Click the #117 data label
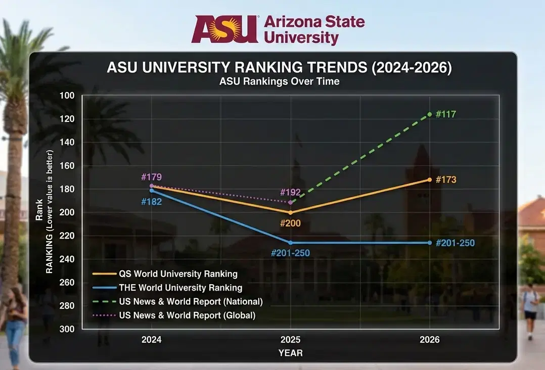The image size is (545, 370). [x=445, y=114]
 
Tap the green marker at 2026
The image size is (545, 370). [x=430, y=114]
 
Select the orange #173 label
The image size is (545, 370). [x=445, y=180]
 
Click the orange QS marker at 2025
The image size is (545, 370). [x=290, y=212]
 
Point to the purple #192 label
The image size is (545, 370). [x=290, y=193]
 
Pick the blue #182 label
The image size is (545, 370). [x=152, y=202]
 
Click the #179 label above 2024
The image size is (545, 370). [x=151, y=177]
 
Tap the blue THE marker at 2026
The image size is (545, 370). [x=430, y=243]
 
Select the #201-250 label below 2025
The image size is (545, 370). [x=290, y=253]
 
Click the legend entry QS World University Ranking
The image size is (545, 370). [x=178, y=274]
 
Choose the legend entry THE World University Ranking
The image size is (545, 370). [x=180, y=288]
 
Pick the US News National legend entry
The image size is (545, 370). [x=191, y=301]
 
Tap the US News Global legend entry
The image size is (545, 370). [x=187, y=315]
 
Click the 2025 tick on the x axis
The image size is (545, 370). [x=290, y=340]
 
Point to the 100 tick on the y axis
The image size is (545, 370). [x=67, y=96]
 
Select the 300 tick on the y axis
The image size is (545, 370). [x=67, y=329]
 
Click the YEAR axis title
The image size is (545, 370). [x=290, y=353]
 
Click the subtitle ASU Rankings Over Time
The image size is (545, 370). [x=279, y=81]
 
